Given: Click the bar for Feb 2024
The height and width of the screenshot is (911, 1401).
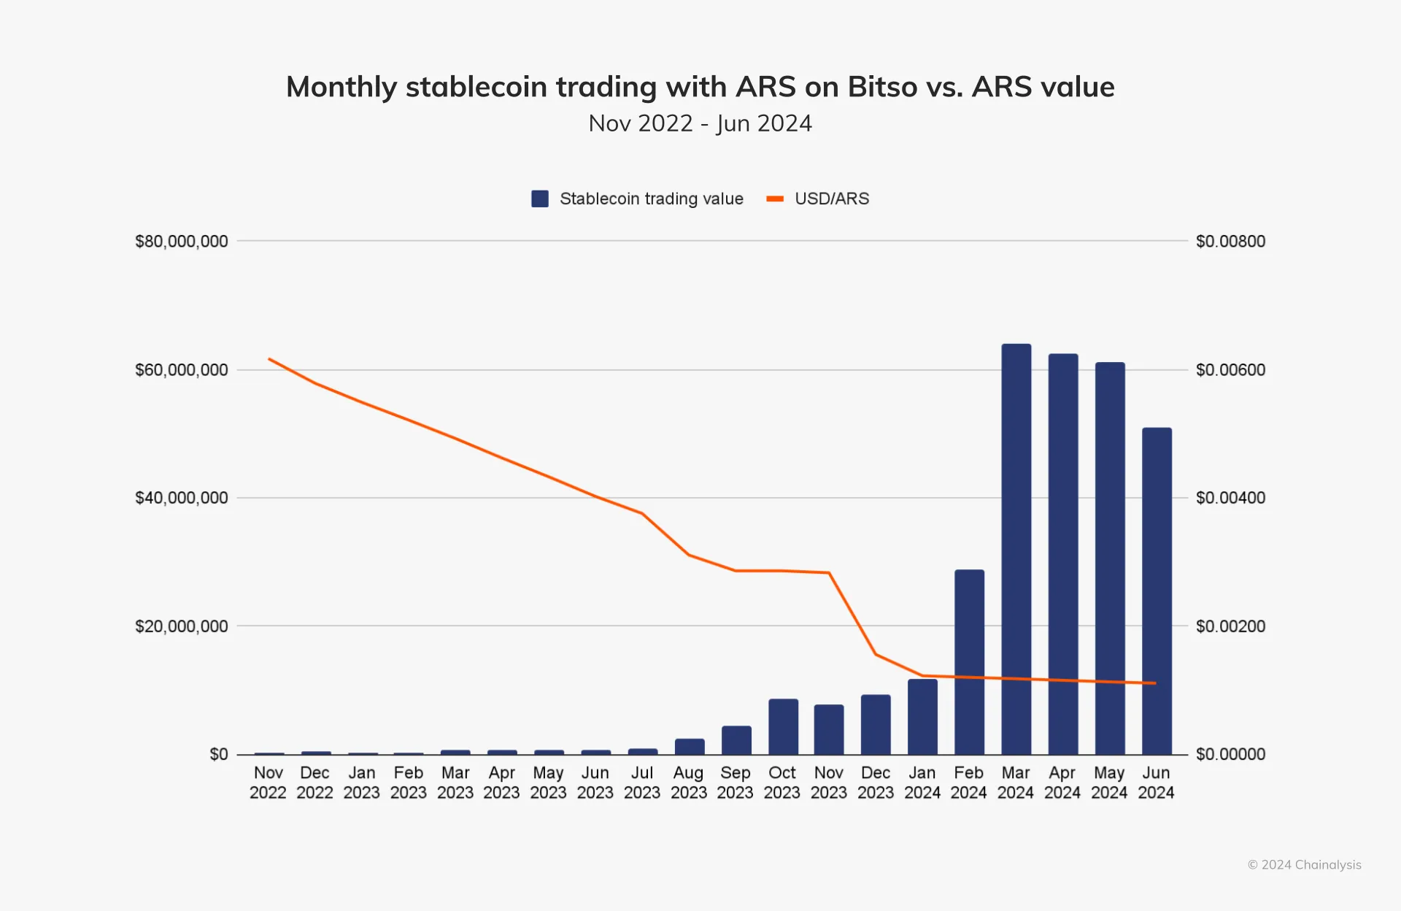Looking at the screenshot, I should (x=969, y=661).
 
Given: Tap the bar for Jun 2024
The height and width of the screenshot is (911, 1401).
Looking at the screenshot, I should (x=1157, y=591).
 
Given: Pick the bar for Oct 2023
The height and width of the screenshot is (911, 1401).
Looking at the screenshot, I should (x=783, y=726).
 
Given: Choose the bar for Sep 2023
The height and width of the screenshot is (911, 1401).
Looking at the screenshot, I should (x=736, y=739).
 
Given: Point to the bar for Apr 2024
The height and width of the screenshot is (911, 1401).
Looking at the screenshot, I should (x=1062, y=554).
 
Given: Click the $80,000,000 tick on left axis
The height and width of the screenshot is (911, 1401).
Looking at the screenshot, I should (x=182, y=242).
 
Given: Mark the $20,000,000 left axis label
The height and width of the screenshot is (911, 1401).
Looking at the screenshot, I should (x=182, y=626).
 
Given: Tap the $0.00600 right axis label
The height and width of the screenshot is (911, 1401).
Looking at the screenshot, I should (x=1230, y=370).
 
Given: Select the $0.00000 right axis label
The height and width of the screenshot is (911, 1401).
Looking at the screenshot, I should (x=1230, y=754).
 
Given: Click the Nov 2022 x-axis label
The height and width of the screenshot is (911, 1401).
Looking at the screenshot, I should (x=268, y=783).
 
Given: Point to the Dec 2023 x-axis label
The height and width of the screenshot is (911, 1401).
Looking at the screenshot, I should (x=876, y=783).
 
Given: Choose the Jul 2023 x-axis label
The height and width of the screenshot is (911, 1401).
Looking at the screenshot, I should (x=642, y=783).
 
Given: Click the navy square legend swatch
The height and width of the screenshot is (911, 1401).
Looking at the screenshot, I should (x=540, y=199).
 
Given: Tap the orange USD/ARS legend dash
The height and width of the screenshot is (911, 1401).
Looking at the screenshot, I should (x=775, y=199).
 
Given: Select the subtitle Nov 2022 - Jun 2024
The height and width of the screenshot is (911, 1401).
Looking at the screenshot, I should (x=700, y=123).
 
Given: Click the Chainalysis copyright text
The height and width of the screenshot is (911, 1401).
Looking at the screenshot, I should (x=1305, y=865).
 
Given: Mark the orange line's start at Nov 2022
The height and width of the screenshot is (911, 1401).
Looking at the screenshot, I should (x=269, y=358).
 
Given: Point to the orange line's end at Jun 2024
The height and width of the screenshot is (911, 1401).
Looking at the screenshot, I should (x=1155, y=683).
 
